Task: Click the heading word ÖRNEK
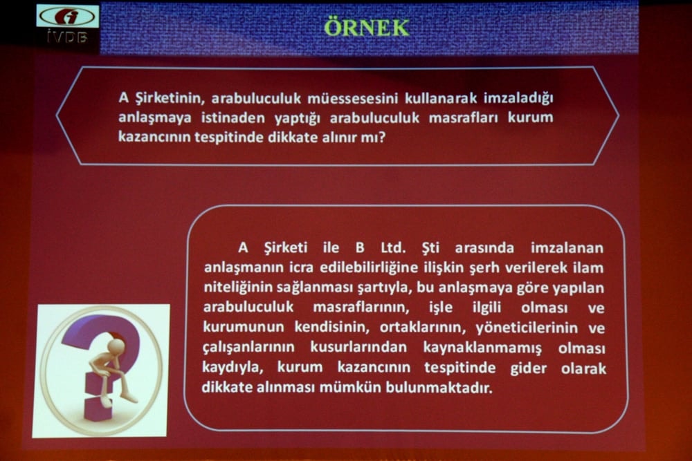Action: coord(367,27)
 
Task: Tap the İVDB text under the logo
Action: coord(67,37)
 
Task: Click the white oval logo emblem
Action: coord(67,16)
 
